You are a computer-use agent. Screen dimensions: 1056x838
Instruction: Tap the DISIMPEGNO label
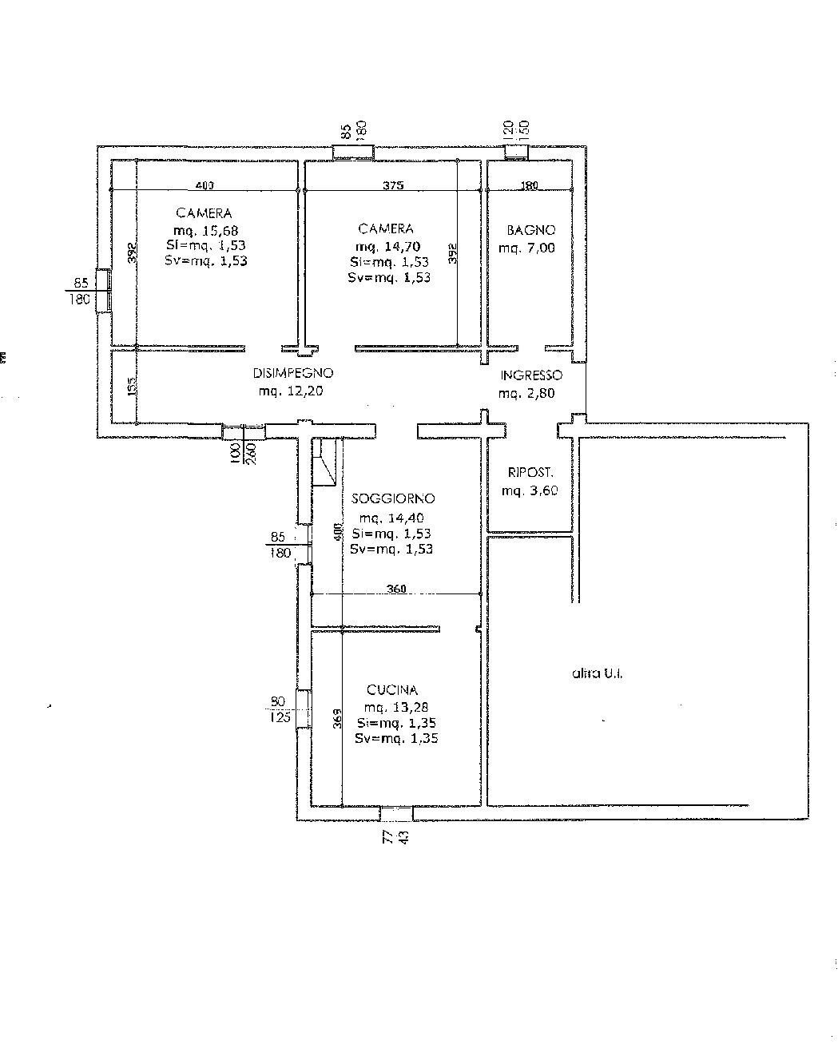[292, 373]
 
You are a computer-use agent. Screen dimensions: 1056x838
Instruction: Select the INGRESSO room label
[531, 375]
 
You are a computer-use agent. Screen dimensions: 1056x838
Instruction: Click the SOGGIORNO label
[393, 498]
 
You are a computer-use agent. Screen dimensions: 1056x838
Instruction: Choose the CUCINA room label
[392, 690]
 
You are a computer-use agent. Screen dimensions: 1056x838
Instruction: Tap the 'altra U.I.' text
[598, 673]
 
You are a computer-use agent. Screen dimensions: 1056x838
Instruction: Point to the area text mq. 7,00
[526, 248]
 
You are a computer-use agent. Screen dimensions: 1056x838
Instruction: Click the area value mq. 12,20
[291, 391]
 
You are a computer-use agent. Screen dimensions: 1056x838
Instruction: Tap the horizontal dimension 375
[393, 185]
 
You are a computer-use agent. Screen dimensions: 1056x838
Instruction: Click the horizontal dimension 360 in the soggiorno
[396, 590]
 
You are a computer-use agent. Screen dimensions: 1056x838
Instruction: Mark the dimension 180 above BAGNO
[530, 185]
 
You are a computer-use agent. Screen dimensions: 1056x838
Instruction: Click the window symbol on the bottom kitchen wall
[396, 814]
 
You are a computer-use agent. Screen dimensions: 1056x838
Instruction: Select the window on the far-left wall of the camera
[103, 291]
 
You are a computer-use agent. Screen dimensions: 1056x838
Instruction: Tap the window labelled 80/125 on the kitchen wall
[303, 709]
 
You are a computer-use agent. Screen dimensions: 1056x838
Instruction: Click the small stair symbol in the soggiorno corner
[324, 462]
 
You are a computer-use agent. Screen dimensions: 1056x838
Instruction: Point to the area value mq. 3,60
[530, 491]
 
